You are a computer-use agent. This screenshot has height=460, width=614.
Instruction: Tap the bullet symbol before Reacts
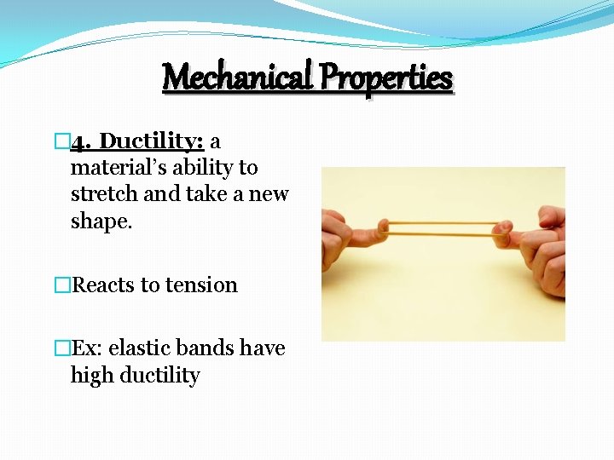[61, 285]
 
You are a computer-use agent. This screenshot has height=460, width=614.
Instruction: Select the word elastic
[140, 348]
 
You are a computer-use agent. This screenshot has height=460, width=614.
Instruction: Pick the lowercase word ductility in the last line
[159, 376]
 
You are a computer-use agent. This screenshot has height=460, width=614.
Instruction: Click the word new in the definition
[269, 194]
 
